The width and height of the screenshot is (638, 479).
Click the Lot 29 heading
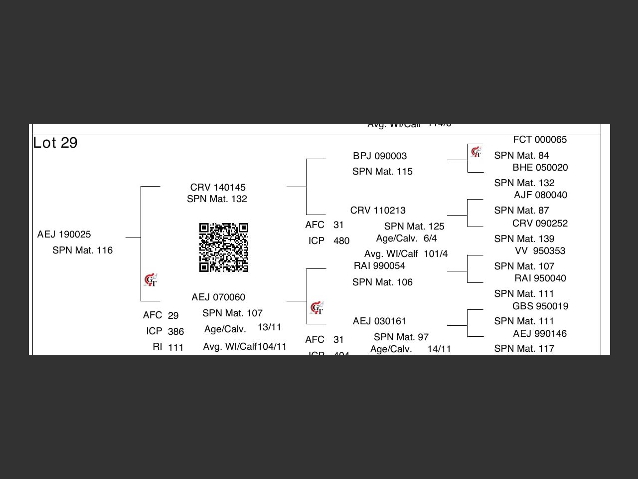(x=55, y=143)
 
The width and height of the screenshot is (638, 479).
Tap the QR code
(x=224, y=247)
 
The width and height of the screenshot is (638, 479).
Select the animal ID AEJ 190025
(x=64, y=235)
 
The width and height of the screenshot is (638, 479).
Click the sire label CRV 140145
(x=218, y=188)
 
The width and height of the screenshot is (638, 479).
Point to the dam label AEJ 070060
(x=218, y=297)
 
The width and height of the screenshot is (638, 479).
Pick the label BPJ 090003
(x=380, y=156)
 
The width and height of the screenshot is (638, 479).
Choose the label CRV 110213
(x=378, y=211)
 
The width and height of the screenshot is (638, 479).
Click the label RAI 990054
(x=379, y=266)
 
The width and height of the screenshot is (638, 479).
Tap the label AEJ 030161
(x=379, y=321)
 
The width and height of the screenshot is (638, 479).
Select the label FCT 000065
(x=540, y=140)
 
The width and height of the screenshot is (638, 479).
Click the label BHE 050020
(x=540, y=168)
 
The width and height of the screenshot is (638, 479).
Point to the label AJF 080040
(x=540, y=195)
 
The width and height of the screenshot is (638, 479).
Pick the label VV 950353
(x=540, y=251)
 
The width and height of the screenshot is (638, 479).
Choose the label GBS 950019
(x=540, y=306)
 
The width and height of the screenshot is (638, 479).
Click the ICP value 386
(x=176, y=332)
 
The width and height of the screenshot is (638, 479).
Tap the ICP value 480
(x=341, y=241)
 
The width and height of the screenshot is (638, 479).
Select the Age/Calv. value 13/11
(x=270, y=327)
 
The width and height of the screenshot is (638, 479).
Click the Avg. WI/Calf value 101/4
(x=436, y=254)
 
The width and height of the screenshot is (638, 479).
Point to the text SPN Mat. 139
(x=524, y=239)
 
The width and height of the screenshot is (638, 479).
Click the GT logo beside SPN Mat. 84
(x=476, y=152)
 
